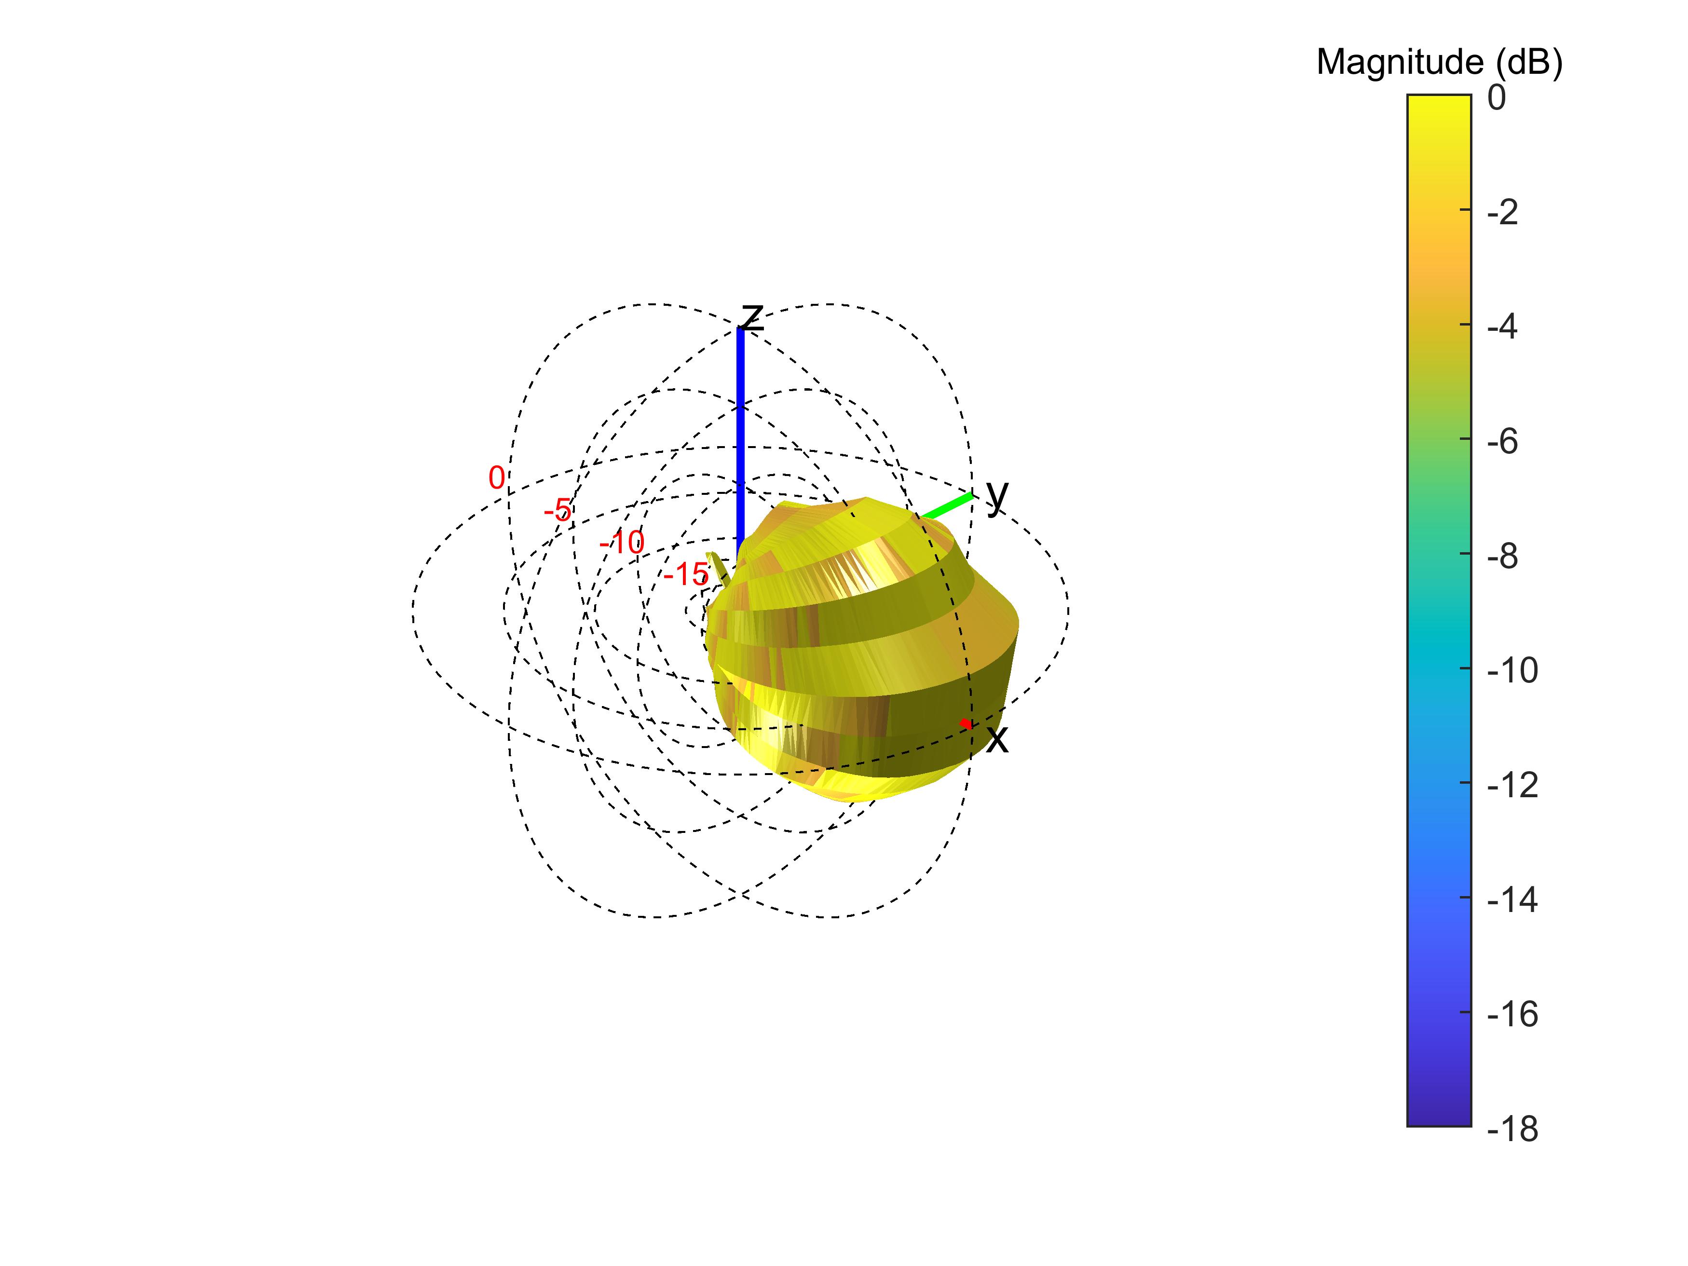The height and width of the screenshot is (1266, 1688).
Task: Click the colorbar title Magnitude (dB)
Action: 1439,63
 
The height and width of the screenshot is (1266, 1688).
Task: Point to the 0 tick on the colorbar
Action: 1497,98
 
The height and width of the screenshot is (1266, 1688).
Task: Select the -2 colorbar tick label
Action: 1503,213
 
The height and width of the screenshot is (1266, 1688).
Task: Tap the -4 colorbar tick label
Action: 1503,327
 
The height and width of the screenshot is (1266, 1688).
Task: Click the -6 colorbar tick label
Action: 1503,442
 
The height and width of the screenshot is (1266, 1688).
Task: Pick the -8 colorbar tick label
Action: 1503,556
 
